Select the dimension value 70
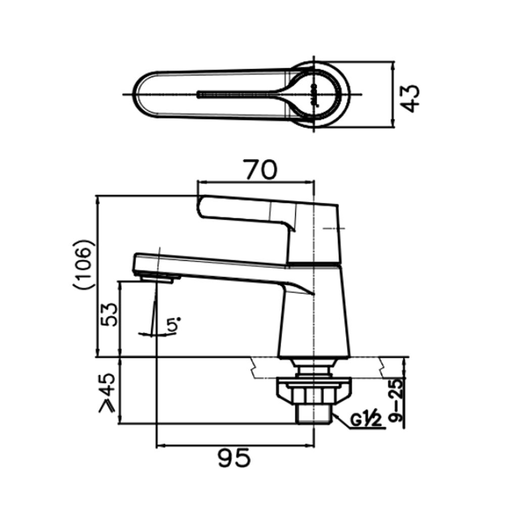[x=261, y=170]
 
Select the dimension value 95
[x=234, y=458]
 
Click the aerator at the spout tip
[x=158, y=277]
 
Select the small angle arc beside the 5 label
[x=151, y=334]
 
